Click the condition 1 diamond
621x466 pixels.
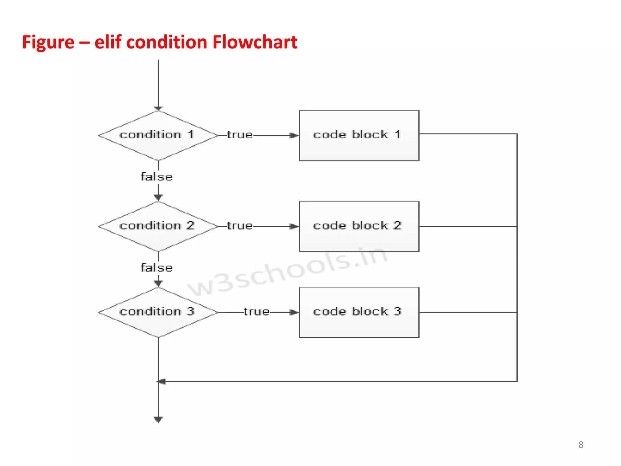(x=158, y=135)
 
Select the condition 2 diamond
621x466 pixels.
(x=158, y=226)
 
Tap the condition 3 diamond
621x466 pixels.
(x=158, y=312)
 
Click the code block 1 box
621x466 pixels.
(x=359, y=135)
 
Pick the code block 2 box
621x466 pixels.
(x=359, y=226)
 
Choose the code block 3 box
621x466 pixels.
(x=359, y=312)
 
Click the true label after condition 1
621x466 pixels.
(x=240, y=135)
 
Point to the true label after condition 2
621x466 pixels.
(x=240, y=226)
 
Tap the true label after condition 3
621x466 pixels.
(x=257, y=312)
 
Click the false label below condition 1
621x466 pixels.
(x=157, y=177)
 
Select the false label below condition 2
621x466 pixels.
(x=157, y=268)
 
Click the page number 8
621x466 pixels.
(x=581, y=445)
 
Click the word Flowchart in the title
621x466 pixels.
(x=255, y=42)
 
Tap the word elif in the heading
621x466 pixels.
(x=108, y=42)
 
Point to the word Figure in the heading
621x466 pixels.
(x=48, y=42)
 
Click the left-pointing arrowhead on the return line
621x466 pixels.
(x=162, y=381)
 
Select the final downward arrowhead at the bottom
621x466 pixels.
(x=158, y=420)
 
